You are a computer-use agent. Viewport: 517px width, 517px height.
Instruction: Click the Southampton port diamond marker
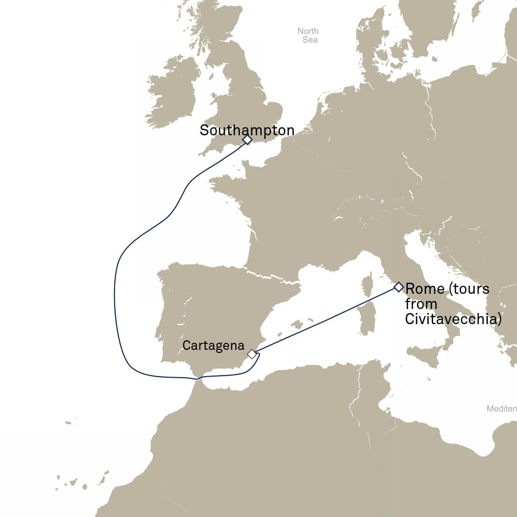pos(247,139)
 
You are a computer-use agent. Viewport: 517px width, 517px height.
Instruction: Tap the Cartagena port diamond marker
pos(251,354)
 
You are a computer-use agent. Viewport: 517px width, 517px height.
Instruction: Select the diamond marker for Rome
pos(398,287)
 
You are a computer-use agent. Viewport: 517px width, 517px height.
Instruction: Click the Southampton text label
pos(247,130)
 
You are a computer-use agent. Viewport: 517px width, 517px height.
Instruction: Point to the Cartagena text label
pos(213,346)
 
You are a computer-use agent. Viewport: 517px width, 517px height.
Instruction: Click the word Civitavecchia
pos(453,320)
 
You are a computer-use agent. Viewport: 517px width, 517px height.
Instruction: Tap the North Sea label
pos(308,35)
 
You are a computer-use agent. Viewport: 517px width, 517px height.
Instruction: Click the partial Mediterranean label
pos(501,408)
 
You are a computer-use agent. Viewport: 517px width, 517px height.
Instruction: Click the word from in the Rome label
pos(421,304)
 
